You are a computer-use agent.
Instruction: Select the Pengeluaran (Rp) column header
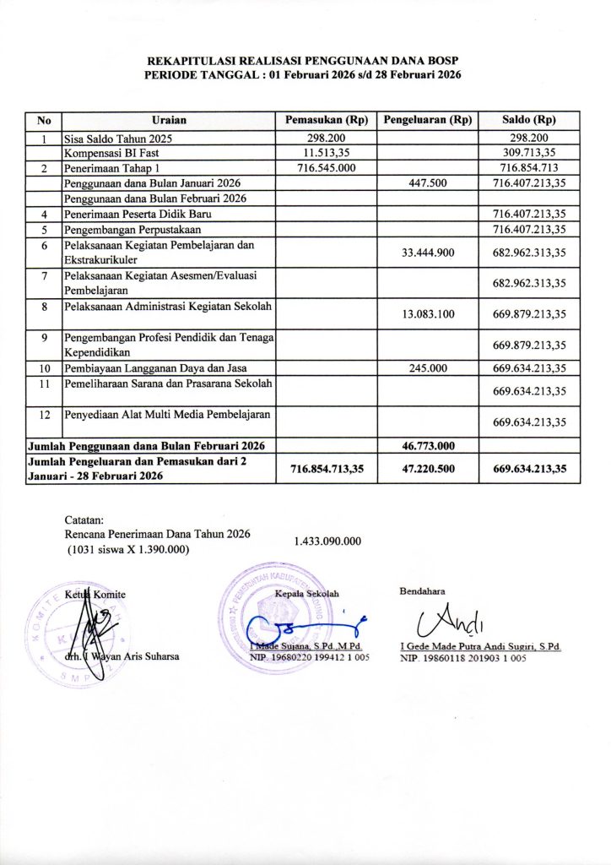click(427, 120)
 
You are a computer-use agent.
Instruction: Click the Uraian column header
click(170, 120)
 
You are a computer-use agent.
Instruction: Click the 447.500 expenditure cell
click(427, 182)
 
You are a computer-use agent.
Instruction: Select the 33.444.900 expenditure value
click(427, 251)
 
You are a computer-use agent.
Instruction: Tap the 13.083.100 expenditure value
click(427, 315)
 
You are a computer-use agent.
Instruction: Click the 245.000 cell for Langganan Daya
click(427, 368)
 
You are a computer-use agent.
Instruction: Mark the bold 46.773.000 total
click(427, 445)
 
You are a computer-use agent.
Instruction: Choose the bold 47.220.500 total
click(427, 468)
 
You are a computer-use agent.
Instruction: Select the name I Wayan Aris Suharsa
click(129, 656)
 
